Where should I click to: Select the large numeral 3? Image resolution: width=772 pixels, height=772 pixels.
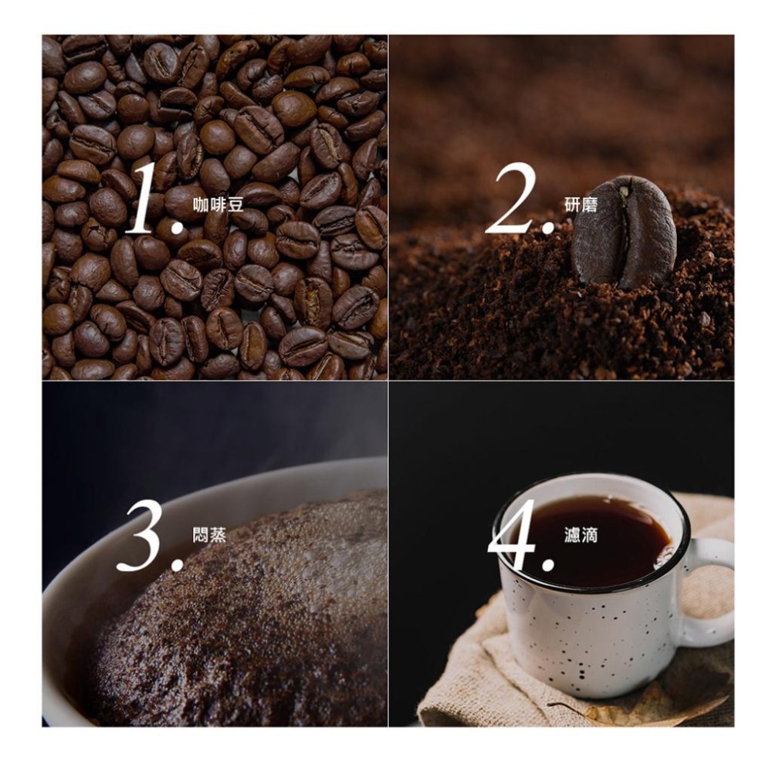[x=142, y=537]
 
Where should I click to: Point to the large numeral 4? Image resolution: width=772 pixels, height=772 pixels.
[x=513, y=535]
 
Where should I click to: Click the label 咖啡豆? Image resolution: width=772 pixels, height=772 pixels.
[x=218, y=205]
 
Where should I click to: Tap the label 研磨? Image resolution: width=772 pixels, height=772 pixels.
[x=581, y=205]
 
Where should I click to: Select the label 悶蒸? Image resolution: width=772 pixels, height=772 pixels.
[x=210, y=535]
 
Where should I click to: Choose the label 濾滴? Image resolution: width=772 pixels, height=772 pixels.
[x=581, y=535]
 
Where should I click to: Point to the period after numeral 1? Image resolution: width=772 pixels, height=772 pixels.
[x=176, y=227]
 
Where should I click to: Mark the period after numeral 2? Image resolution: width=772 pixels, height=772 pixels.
[x=547, y=227]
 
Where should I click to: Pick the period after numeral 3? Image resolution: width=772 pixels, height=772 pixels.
[x=176, y=565]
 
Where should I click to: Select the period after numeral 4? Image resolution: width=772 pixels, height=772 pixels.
[x=547, y=564]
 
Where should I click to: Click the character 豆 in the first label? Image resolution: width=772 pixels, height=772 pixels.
[x=235, y=205]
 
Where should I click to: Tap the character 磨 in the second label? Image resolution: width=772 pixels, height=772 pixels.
[x=591, y=205]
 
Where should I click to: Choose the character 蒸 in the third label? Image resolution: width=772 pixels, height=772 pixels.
[x=218, y=535]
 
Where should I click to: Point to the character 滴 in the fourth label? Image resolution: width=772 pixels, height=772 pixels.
[x=591, y=535]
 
